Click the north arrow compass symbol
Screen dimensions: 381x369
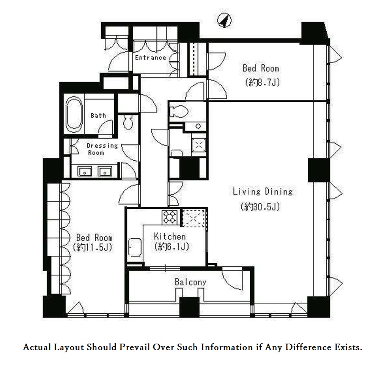(224, 20)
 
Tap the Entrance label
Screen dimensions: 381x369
(150, 58)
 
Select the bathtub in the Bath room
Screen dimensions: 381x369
(74, 114)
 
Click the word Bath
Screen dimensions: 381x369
(98, 115)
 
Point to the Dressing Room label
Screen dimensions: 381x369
(102, 149)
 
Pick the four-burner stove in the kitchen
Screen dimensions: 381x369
(170, 217)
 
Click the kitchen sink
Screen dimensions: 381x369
(135, 247)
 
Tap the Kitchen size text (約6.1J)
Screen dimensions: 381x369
(172, 247)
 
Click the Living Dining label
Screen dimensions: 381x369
(263, 191)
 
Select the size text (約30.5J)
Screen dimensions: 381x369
(260, 207)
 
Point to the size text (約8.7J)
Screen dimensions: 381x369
(263, 83)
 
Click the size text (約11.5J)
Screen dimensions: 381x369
(93, 247)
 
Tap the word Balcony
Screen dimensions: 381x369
(190, 282)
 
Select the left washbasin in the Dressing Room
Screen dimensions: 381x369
(85, 171)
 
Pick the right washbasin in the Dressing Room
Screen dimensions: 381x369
(105, 171)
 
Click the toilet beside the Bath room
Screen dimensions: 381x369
(128, 122)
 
